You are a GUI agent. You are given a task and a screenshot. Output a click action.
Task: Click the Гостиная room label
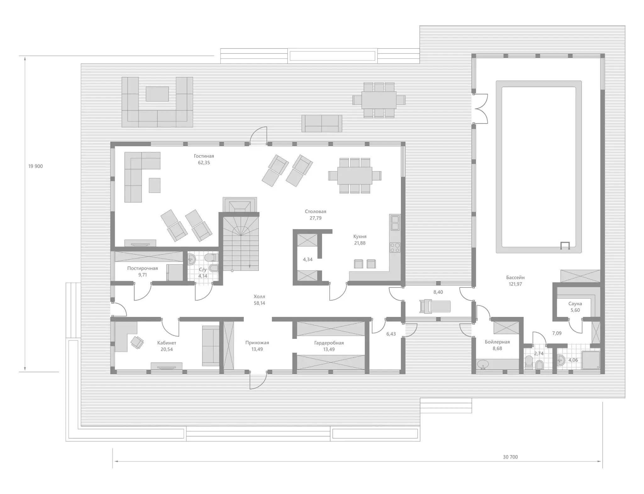(x=204, y=156)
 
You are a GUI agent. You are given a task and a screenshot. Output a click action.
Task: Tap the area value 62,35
(x=204, y=163)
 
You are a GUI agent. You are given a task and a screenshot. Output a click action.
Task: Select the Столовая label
(x=315, y=212)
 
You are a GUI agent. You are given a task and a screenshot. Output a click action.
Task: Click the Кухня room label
(x=360, y=236)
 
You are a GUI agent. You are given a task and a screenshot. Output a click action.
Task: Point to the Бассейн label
(x=515, y=278)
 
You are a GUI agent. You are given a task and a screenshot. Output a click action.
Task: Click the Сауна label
(x=575, y=304)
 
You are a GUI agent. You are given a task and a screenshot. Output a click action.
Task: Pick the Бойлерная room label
(x=497, y=342)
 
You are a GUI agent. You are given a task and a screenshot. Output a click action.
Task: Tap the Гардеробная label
(x=329, y=343)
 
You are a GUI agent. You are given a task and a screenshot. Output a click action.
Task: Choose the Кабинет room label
(x=167, y=343)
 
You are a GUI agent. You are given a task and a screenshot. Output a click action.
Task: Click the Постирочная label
(x=142, y=269)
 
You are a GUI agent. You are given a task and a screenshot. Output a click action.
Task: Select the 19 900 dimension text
(x=36, y=166)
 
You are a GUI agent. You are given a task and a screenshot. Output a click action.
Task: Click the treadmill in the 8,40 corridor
(x=435, y=306)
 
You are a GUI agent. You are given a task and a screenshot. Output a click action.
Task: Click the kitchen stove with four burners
(x=395, y=247)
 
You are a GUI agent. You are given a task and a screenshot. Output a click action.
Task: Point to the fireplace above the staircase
(x=240, y=205)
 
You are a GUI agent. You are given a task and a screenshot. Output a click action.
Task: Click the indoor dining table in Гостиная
(x=355, y=176)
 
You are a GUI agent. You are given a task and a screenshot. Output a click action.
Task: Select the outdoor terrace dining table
(x=379, y=100)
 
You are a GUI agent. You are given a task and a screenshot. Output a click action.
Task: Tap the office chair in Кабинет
(x=137, y=342)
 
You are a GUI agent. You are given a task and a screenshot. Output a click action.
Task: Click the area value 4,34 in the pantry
(x=308, y=259)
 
